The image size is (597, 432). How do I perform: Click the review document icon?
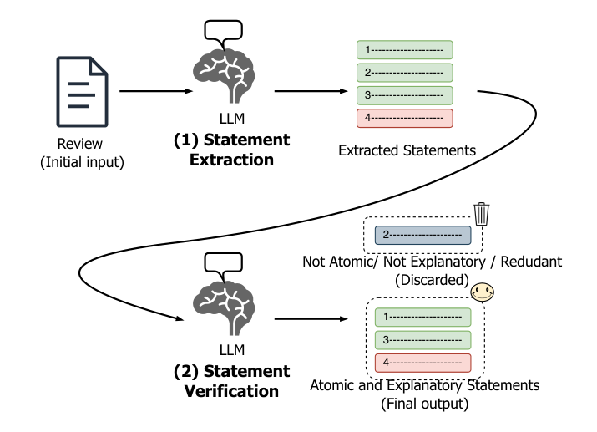click(x=82, y=92)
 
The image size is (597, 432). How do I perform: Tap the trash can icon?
click(x=482, y=214)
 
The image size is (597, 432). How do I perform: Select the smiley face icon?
click(x=483, y=292)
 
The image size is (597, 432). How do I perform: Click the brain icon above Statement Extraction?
click(x=224, y=77)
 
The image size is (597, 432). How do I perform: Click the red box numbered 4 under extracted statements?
click(x=405, y=118)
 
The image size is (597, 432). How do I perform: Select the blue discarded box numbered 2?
click(x=423, y=235)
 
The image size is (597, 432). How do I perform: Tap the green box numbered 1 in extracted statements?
click(x=405, y=50)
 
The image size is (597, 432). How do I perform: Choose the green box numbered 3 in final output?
click(x=423, y=340)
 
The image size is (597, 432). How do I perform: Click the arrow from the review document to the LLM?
click(x=156, y=91)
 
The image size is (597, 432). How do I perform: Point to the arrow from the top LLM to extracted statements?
click(x=311, y=91)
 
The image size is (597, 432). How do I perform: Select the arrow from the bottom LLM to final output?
click(x=311, y=318)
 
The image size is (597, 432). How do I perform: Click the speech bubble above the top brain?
click(x=224, y=30)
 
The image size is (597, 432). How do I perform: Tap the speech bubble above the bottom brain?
click(x=224, y=262)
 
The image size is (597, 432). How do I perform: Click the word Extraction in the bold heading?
click(x=231, y=160)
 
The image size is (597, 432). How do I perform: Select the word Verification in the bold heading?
click(x=231, y=391)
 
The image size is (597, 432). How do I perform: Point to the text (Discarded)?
click(x=432, y=280)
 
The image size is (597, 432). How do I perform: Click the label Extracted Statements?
click(x=407, y=150)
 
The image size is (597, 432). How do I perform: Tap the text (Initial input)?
click(x=82, y=162)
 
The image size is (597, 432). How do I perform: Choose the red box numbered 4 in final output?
click(x=423, y=363)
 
